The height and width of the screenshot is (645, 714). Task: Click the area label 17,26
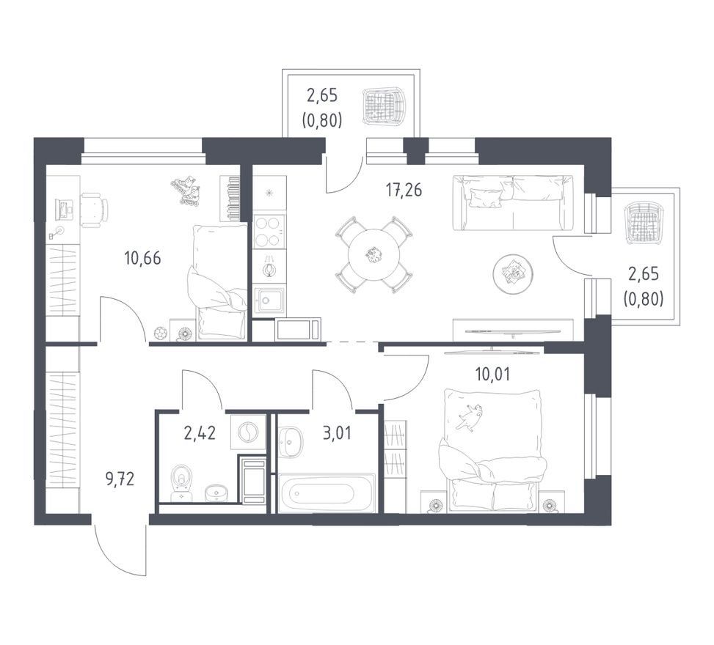404,190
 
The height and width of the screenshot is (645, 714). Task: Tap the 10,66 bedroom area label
142,258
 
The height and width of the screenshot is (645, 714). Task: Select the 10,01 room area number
492,375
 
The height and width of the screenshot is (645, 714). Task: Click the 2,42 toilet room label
200,433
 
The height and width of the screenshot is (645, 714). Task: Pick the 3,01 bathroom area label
337,433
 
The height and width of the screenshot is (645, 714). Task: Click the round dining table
374,255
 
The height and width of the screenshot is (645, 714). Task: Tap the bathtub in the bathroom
326,493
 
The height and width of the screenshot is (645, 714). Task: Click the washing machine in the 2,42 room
248,432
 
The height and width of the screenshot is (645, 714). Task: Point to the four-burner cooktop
269,232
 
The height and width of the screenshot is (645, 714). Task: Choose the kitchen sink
269,301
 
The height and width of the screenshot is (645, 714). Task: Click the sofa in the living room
518,203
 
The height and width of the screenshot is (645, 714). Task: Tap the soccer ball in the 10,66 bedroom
159,333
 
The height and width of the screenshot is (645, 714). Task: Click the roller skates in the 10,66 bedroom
186,191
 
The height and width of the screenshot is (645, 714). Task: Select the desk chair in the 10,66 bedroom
95,209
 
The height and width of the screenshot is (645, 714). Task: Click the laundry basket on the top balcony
384,106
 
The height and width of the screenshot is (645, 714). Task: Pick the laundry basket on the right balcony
643,222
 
